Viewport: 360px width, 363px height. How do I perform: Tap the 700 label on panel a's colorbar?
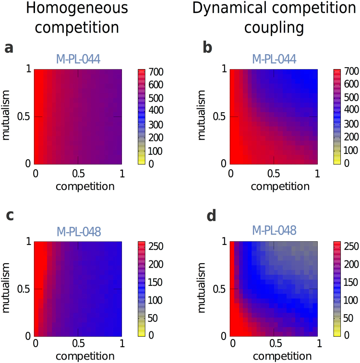tap(157, 72)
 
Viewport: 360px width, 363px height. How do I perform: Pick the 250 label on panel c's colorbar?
tap(157, 246)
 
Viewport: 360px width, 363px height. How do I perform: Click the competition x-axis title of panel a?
tap(85, 186)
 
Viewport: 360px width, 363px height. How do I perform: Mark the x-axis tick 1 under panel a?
tap(121, 173)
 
